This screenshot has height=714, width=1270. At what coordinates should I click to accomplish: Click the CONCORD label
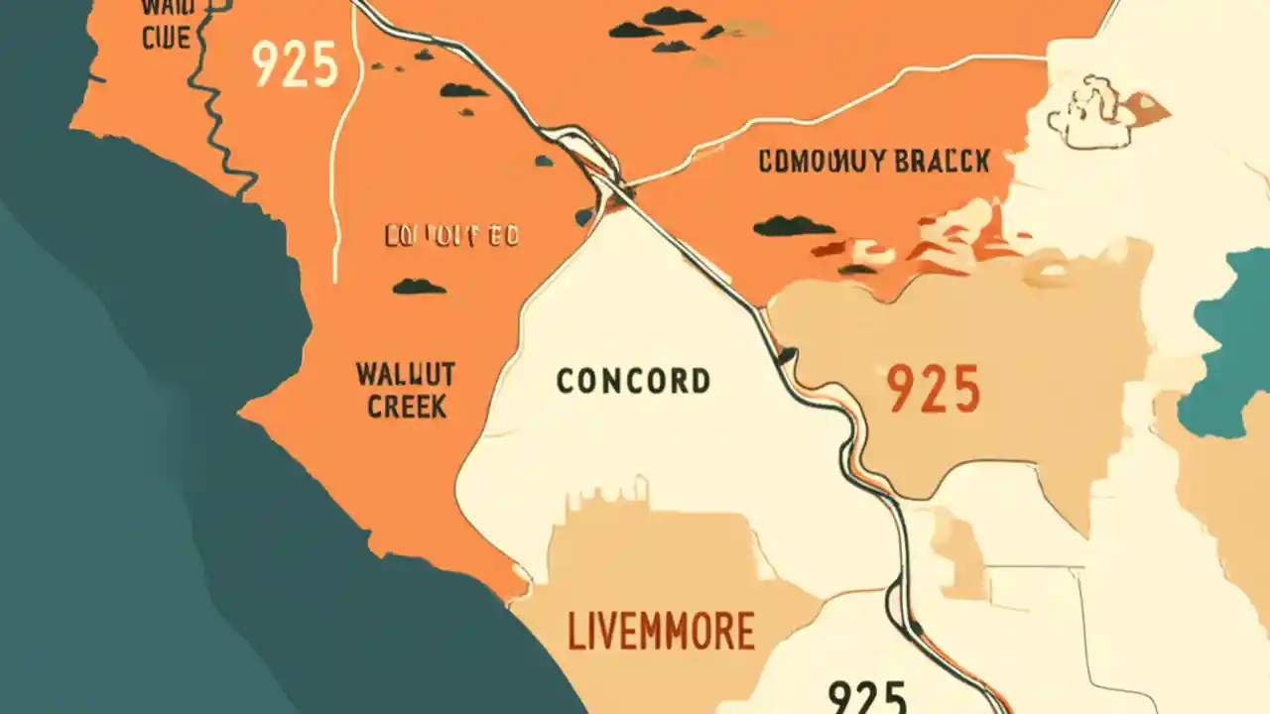(633, 382)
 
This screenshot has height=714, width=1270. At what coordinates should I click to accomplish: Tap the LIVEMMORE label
(662, 631)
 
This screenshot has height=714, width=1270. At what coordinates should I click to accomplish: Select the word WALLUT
(405, 375)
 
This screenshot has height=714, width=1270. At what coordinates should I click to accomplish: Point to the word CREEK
(407, 407)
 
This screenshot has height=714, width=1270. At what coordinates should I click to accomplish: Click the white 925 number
(295, 64)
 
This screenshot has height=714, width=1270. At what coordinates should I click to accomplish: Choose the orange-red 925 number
(933, 389)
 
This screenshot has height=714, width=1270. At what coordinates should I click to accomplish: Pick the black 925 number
(867, 696)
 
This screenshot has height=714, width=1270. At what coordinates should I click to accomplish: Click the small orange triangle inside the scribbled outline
(1150, 103)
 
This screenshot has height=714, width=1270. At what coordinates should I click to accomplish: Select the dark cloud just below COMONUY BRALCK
(793, 227)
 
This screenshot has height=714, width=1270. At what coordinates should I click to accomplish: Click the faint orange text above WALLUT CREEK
(451, 236)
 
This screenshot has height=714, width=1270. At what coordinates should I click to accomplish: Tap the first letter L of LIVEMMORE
(575, 631)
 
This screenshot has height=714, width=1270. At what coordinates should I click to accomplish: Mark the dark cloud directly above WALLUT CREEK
(419, 287)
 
